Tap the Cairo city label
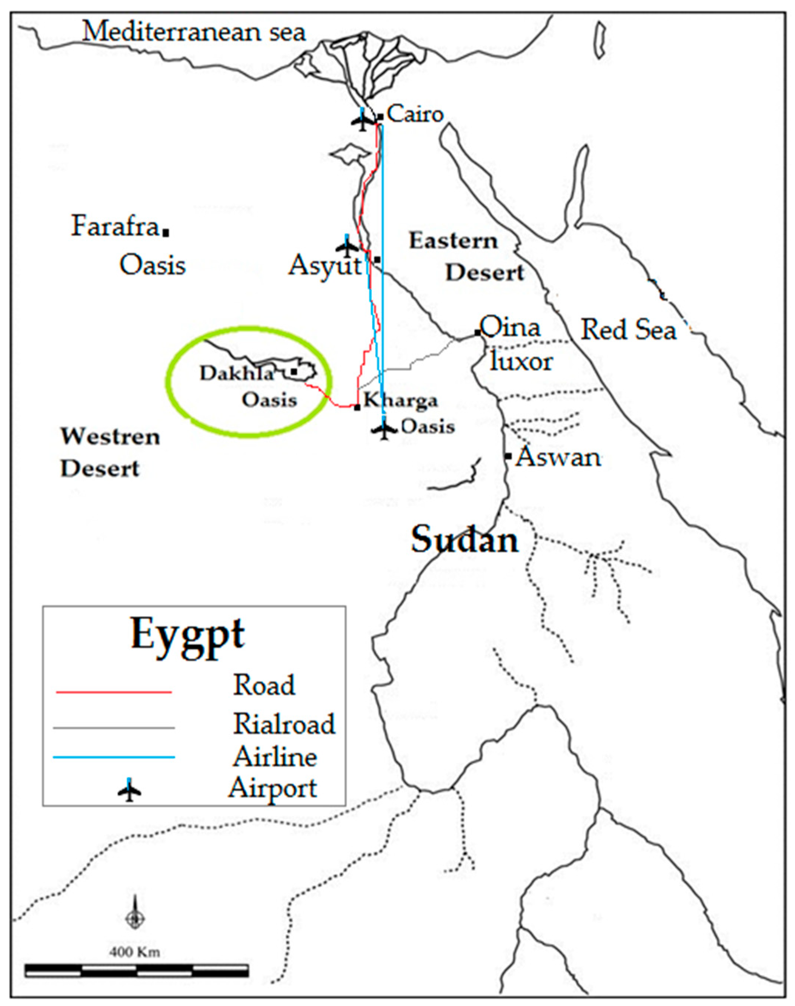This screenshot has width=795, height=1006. click(x=415, y=114)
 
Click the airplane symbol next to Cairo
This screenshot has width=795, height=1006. click(x=363, y=121)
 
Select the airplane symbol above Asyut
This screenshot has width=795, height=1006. click(x=347, y=247)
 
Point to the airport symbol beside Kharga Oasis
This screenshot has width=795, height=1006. click(x=384, y=429)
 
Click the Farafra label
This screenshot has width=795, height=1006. click(x=114, y=227)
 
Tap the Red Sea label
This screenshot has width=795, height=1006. click(x=628, y=330)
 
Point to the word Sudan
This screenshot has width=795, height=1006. click(x=464, y=540)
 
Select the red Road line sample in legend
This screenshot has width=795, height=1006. click(x=114, y=692)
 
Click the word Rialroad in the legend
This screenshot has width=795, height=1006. click(x=284, y=724)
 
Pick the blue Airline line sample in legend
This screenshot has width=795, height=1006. click(x=114, y=758)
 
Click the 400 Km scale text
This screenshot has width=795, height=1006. click(x=134, y=952)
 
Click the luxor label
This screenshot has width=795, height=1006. click(x=521, y=362)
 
